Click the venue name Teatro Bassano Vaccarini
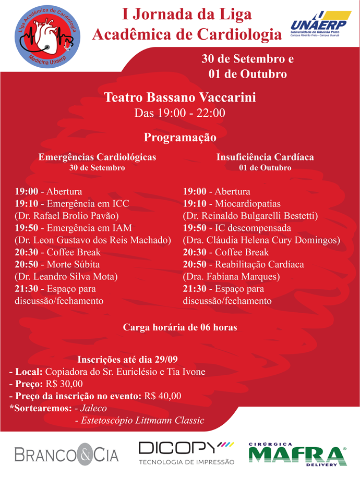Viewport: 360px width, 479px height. click(180, 97)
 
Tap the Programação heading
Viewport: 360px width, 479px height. click(179, 138)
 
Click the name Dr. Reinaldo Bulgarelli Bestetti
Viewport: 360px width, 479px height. click(250, 215)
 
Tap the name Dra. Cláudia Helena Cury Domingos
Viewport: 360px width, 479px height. click(261, 240)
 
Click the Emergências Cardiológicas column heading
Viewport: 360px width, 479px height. click(97, 156)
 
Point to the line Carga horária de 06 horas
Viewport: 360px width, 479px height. click(179, 327)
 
